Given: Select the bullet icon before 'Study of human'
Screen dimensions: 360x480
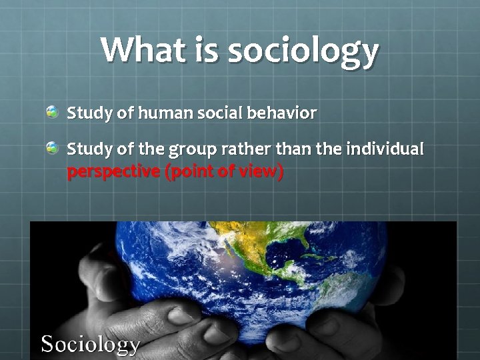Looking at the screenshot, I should (52, 112).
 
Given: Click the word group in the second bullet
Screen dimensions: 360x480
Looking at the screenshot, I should (201, 149).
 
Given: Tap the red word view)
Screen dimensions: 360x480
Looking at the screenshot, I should (261, 172).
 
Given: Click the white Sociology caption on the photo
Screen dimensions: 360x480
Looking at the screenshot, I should (91, 344).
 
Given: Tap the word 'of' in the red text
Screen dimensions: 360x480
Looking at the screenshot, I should (226, 172).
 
